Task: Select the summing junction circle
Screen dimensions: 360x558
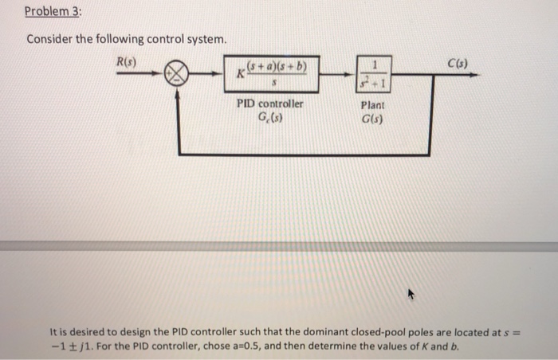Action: pyautogui.click(x=178, y=76)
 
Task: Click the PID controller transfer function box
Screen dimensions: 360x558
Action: pyautogui.click(x=273, y=76)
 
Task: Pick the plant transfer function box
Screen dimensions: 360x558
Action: pyautogui.click(x=372, y=76)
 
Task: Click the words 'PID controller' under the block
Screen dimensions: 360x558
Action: pyautogui.click(x=269, y=104)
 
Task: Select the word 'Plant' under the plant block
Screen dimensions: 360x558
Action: pyautogui.click(x=372, y=104)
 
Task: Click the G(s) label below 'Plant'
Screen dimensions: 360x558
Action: pyautogui.click(x=372, y=119)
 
